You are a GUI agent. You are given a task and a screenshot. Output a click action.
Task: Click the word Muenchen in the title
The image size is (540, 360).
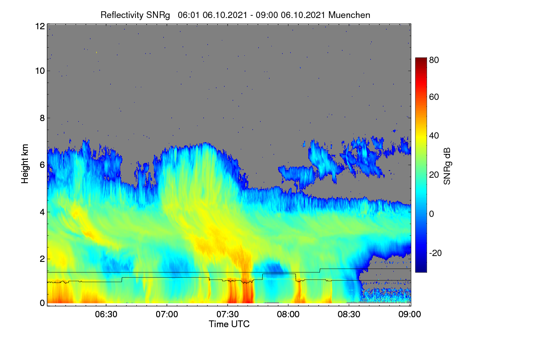(349, 15)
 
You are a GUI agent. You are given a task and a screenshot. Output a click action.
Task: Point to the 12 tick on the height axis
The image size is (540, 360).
(40, 26)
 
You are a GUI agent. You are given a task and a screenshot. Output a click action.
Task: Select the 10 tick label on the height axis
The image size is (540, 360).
(40, 71)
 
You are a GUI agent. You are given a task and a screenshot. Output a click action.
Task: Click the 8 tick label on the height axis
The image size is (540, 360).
(42, 118)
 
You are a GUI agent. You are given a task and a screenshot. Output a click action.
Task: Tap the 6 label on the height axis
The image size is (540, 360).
(42, 165)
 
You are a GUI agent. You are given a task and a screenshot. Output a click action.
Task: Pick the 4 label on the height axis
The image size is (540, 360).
(42, 212)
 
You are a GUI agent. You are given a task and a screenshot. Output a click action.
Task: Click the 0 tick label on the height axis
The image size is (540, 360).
(42, 303)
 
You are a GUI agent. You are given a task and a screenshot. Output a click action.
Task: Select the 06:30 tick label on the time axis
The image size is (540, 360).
(106, 315)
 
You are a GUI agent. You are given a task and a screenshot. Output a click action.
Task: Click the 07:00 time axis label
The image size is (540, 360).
(167, 315)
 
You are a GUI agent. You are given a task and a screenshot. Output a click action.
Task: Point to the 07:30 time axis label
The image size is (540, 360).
(228, 315)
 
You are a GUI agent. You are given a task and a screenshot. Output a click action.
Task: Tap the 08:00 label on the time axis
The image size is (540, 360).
(288, 315)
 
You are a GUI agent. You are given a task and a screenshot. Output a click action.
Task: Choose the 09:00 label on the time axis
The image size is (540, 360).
(409, 315)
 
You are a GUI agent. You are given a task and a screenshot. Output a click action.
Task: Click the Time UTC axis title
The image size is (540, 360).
(229, 324)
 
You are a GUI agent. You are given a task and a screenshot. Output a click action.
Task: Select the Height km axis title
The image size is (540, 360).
(25, 164)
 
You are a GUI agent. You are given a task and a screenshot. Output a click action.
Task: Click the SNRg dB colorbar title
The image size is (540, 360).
(447, 166)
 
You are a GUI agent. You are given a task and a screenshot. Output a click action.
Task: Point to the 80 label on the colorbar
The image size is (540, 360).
(434, 60)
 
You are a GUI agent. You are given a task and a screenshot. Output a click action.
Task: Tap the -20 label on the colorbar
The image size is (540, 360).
(436, 253)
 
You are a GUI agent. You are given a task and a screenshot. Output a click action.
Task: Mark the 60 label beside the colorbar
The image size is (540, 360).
(434, 97)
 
